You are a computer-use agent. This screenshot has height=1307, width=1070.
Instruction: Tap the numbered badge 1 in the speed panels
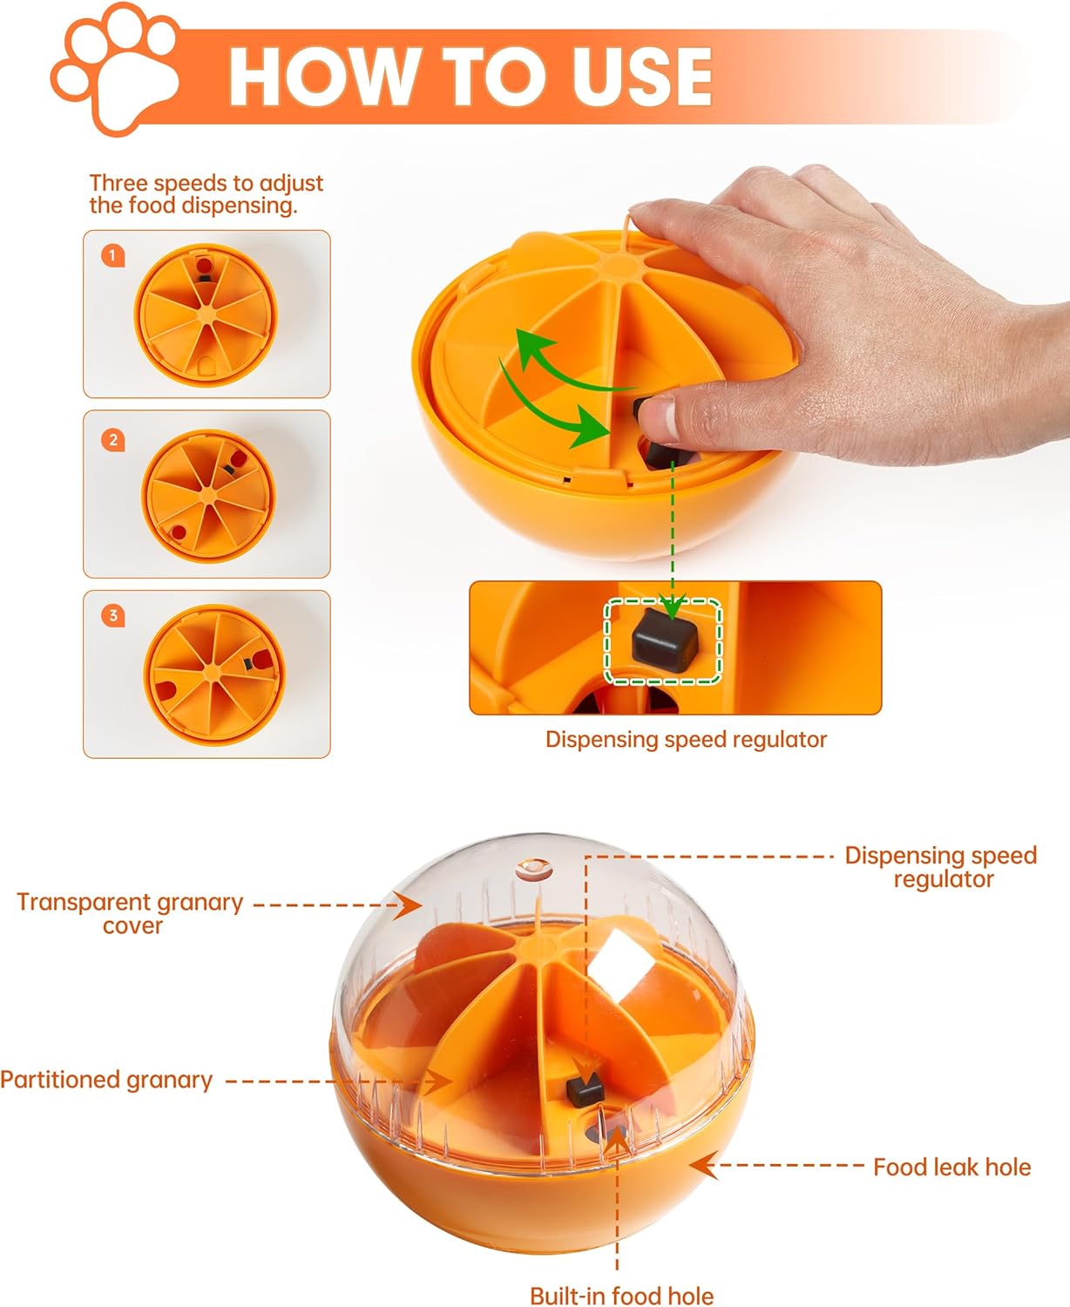point(112,255)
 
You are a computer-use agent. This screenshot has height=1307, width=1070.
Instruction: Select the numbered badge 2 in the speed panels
point(113,440)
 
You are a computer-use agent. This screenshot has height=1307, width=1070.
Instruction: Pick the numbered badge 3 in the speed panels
point(113,616)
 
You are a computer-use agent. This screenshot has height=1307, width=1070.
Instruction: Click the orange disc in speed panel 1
point(206,315)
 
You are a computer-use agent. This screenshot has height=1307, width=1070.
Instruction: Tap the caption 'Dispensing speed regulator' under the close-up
point(686,740)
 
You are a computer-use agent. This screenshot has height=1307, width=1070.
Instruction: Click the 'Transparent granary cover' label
point(131,913)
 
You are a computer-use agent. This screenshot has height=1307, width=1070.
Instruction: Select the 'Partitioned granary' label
point(106,1080)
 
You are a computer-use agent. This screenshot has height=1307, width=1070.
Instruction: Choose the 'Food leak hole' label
point(951,1168)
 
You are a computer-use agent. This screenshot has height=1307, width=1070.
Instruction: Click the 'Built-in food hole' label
point(621,1296)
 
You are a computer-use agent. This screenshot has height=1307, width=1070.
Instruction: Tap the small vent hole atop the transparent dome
point(533,869)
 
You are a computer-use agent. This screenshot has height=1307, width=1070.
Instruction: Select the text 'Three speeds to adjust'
point(206,183)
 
